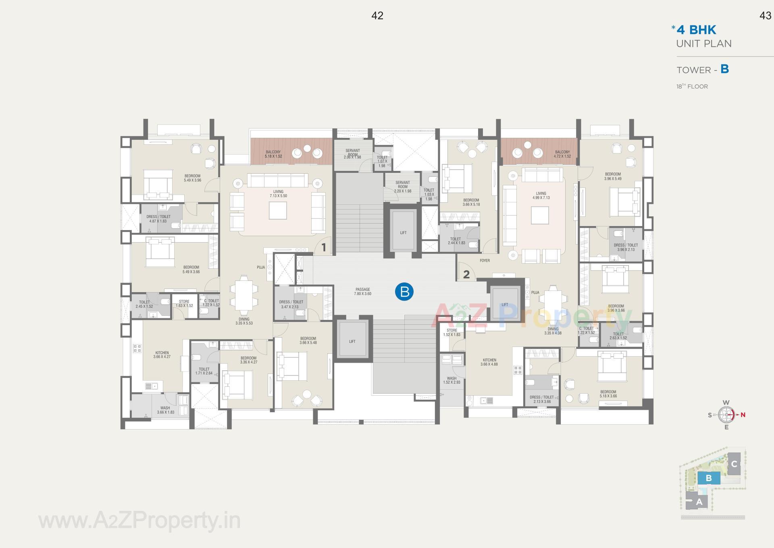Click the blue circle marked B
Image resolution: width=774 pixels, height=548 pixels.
404,291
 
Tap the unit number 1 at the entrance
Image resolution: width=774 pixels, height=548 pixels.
323,247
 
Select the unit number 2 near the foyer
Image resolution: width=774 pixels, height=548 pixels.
466,274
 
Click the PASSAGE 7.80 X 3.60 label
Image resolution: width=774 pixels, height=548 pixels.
362,292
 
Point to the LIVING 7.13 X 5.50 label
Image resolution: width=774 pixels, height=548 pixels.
278,194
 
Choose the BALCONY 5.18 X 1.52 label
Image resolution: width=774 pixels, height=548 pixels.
273,154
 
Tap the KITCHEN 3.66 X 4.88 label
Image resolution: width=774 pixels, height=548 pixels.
489,362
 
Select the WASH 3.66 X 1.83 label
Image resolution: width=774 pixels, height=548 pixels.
165,410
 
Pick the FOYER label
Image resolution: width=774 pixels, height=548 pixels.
485,261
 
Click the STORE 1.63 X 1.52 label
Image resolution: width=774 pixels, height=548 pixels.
184,303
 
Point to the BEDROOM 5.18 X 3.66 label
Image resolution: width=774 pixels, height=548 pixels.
608,394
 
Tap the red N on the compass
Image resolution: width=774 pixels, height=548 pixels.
743,415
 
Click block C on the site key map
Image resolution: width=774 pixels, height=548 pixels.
734,464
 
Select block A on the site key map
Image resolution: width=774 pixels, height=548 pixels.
699,502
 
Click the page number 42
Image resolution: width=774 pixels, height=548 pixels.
377,16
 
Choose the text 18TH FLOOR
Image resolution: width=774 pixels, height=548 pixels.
692,86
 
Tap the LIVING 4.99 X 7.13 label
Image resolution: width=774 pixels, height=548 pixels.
541,195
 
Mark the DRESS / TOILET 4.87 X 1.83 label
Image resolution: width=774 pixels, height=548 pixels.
158,219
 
